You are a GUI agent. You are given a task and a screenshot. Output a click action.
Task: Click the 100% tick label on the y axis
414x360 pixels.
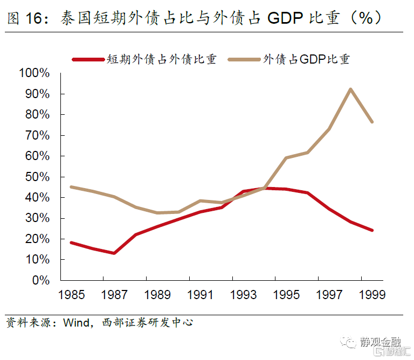pyautogui.click(x=34, y=73)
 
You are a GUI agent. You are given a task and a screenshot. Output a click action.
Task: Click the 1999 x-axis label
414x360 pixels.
pyautogui.click(x=372, y=295)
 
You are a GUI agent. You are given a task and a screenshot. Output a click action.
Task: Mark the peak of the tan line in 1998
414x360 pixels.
pyautogui.click(x=350, y=89)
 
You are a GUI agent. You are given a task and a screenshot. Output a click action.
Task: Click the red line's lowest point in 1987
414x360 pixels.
pyautogui.click(x=114, y=253)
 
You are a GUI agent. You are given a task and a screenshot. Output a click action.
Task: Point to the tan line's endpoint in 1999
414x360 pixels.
pyautogui.click(x=372, y=122)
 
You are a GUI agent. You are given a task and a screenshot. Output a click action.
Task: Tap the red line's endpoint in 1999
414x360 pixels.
pyautogui.click(x=372, y=230)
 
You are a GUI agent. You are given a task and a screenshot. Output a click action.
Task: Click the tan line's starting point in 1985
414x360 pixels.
pyautogui.click(x=71, y=187)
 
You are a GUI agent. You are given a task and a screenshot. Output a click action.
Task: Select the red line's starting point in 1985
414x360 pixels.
pyautogui.click(x=71, y=243)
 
